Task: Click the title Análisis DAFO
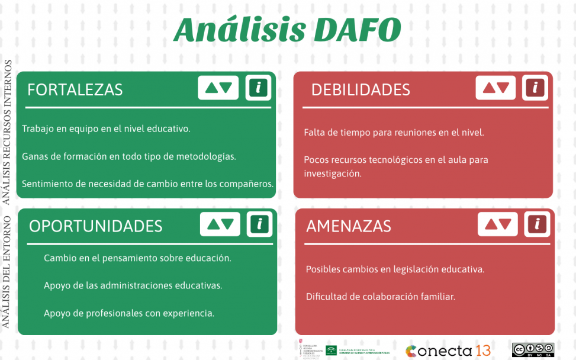click(287, 30)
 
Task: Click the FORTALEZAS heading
click(75, 89)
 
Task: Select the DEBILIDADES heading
click(361, 89)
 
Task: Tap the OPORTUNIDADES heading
click(96, 226)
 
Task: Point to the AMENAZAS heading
click(349, 226)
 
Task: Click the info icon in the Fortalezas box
click(258, 88)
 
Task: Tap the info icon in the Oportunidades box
click(259, 224)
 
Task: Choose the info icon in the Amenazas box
click(537, 224)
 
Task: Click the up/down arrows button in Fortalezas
click(218, 88)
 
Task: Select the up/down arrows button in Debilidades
click(496, 88)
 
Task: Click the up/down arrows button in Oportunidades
click(220, 224)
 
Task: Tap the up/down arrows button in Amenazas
click(498, 224)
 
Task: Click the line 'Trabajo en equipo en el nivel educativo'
click(106, 128)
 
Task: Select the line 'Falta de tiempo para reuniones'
click(394, 133)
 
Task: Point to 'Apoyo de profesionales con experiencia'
click(129, 313)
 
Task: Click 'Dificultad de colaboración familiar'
click(380, 297)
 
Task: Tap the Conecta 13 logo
click(448, 350)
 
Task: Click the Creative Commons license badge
click(533, 349)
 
